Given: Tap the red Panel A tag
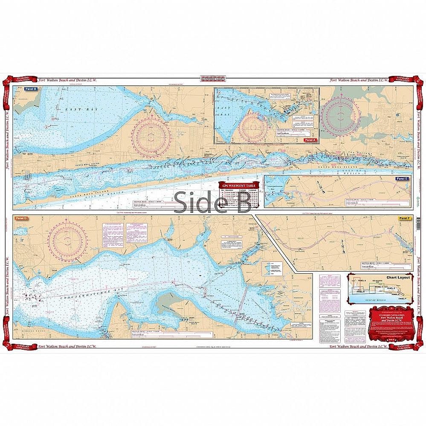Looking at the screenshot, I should click(x=310, y=139).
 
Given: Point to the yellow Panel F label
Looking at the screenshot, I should click(x=404, y=218).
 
